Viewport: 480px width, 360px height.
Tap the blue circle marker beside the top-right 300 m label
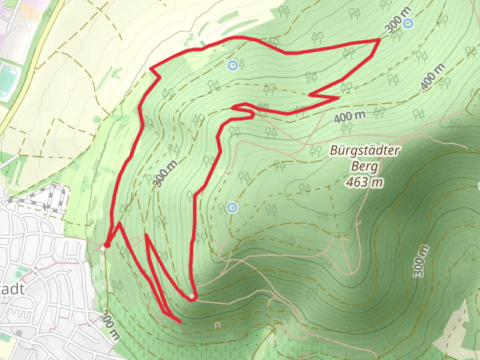(x=408, y=23)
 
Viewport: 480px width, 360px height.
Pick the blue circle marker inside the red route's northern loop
(x=233, y=65)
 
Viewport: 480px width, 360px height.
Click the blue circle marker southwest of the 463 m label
(x=232, y=208)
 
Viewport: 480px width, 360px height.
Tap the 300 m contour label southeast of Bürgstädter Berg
(x=422, y=260)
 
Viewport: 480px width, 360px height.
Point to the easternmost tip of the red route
(x=379, y=40)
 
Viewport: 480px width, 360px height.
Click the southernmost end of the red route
(x=179, y=322)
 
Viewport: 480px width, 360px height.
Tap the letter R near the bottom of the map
(x=218, y=325)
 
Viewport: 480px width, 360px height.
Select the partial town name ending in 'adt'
(x=12, y=289)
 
